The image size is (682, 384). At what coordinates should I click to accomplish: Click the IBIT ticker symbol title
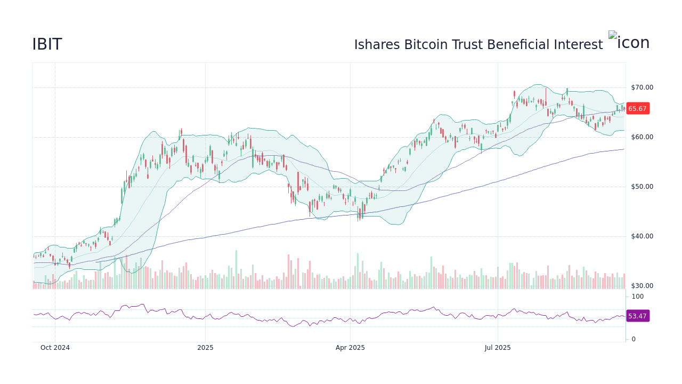[47, 44]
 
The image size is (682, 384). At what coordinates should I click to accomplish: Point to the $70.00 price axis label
[642, 87]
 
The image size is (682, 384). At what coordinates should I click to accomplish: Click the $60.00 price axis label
[642, 137]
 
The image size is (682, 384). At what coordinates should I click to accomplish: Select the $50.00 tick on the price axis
[642, 187]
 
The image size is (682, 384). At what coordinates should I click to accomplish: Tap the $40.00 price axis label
[642, 236]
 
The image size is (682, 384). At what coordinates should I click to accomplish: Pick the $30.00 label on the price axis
[642, 286]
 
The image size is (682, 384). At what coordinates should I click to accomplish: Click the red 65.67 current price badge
[637, 109]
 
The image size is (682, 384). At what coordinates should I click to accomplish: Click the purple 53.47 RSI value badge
[637, 316]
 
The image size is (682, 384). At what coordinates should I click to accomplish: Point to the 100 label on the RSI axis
[638, 297]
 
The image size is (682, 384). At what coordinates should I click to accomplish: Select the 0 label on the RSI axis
[634, 339]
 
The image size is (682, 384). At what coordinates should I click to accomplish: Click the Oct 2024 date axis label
[55, 348]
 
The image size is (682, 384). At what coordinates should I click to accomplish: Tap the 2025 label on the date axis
[205, 348]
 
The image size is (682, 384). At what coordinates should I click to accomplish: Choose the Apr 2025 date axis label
[350, 348]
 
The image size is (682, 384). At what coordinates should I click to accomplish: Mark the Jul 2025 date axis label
[498, 348]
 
